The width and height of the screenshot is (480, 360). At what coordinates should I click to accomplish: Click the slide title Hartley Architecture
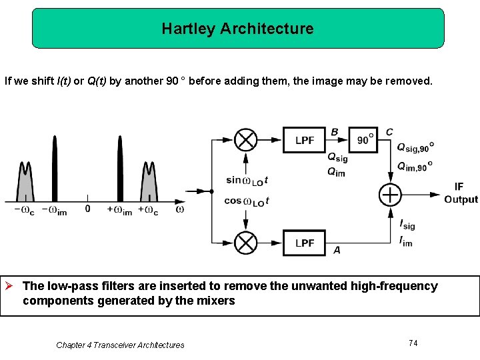[237, 29]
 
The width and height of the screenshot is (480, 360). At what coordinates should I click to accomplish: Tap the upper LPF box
[304, 140]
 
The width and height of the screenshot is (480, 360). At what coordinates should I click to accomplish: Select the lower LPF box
[304, 243]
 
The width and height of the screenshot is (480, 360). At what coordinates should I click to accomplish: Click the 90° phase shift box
[363, 140]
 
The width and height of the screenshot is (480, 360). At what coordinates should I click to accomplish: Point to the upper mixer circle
[246, 140]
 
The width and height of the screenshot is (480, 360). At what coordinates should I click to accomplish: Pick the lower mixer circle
[246, 243]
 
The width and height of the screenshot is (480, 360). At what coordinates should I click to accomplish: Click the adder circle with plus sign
[389, 195]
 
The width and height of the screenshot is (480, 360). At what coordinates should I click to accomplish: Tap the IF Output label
[460, 193]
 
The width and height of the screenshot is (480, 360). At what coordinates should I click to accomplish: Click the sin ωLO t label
[247, 180]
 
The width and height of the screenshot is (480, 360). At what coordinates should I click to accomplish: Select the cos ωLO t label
[247, 201]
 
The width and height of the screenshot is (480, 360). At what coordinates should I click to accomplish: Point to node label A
[337, 250]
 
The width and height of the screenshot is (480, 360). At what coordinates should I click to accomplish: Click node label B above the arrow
[334, 132]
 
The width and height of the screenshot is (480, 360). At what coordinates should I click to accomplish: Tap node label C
[389, 132]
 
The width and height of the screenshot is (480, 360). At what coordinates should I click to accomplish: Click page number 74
[413, 343]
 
